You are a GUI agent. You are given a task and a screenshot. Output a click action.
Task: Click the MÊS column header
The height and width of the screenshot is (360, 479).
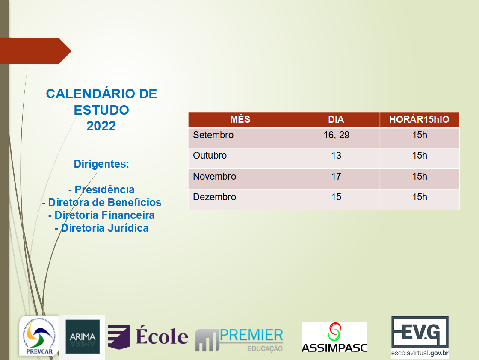point(240,119)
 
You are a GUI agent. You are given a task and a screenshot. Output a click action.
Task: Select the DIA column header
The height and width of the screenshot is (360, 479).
point(336,119)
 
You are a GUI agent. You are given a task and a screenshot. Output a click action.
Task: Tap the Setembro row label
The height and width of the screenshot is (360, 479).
point(213,135)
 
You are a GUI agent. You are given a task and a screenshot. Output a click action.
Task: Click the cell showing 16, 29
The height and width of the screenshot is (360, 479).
point(336,135)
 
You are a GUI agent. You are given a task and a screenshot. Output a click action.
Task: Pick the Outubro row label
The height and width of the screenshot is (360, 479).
point(210,156)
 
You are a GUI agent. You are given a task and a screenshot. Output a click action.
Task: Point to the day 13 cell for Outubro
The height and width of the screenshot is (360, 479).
point(336,156)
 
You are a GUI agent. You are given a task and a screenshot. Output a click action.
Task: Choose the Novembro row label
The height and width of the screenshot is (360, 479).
point(214,177)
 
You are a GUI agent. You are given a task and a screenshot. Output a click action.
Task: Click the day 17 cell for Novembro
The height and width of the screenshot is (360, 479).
point(336,177)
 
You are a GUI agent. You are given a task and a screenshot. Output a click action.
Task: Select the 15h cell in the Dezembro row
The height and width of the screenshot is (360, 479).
point(420,197)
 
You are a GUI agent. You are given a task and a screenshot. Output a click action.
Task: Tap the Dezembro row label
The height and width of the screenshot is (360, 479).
point(214,197)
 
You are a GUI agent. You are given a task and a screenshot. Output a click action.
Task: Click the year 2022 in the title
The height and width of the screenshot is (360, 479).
point(101,126)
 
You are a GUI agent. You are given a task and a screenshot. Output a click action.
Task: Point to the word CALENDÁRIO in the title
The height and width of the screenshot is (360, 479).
point(90,94)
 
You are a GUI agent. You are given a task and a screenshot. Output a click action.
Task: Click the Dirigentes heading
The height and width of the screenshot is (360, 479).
point(101,164)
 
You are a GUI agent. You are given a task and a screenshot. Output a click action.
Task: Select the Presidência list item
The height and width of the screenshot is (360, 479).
point(101,189)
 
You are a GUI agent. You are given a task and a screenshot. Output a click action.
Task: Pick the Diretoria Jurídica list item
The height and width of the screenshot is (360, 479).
point(102,228)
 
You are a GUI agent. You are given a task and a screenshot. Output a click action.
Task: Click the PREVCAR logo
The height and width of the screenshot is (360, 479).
point(39,336)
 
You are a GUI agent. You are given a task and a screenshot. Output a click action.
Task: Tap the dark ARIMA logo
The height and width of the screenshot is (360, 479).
point(83,337)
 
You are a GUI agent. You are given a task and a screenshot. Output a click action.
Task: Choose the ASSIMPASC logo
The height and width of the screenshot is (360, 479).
point(334,337)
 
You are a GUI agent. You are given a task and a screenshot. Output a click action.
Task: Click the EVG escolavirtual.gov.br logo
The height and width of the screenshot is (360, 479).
point(420,336)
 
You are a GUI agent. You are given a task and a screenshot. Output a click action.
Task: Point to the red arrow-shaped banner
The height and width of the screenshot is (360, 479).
point(35,51)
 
